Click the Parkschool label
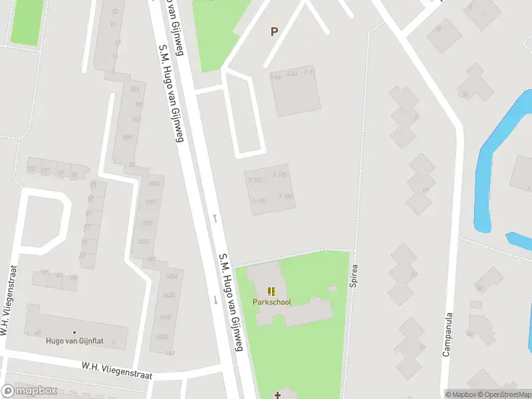coord(271,302)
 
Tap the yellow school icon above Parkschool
coord(271,291)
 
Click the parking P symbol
coord(274,31)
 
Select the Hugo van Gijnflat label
coord(73,341)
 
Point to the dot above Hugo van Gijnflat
coord(74,332)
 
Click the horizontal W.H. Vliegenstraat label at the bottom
coord(117,370)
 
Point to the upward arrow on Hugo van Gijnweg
coord(214,217)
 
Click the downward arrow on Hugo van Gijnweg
coord(215,300)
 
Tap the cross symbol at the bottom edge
coord(277,395)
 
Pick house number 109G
coord(144,241)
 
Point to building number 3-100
coord(285,196)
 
